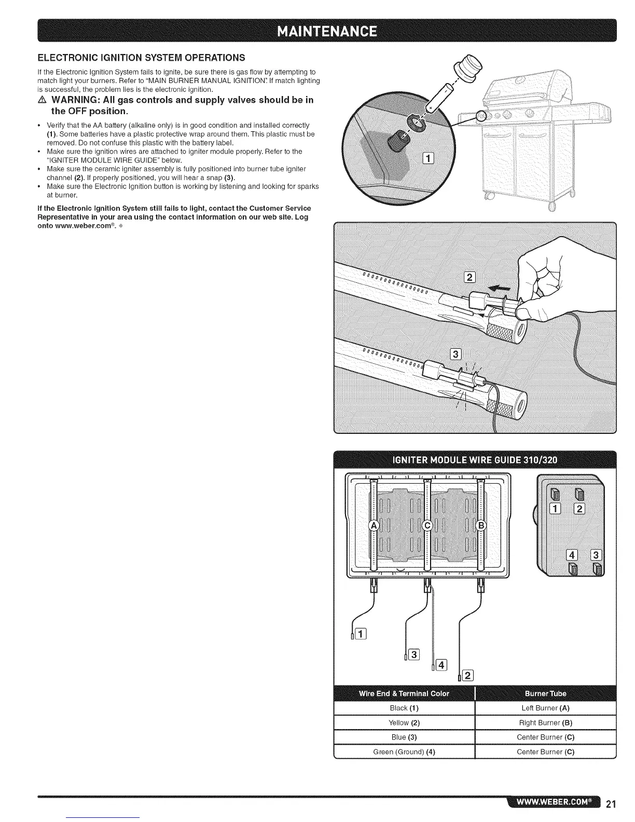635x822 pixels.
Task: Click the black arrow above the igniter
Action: pyautogui.click(x=500, y=288)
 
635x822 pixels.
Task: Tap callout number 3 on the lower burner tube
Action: pyautogui.click(x=456, y=355)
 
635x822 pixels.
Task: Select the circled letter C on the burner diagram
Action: pyautogui.click(x=427, y=526)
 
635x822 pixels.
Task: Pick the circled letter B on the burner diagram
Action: pyautogui.click(x=481, y=526)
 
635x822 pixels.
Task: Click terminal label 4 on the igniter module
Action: pyautogui.click(x=573, y=556)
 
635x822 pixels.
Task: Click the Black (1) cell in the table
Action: pyautogui.click(x=404, y=708)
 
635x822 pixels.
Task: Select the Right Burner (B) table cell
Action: pyautogui.click(x=545, y=723)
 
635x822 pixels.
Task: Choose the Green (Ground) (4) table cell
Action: pyautogui.click(x=404, y=752)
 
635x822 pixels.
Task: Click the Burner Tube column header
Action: pyautogui.click(x=545, y=693)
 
